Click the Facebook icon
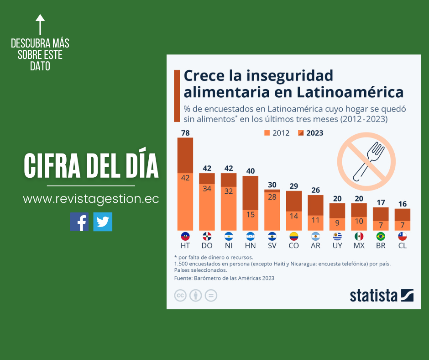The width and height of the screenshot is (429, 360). pyautogui.click(x=79, y=222)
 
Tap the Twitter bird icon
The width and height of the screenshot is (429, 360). pyautogui.click(x=103, y=222)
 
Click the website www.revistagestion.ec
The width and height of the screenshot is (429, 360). pyautogui.click(x=91, y=199)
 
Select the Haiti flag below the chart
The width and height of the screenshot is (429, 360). pyautogui.click(x=185, y=236)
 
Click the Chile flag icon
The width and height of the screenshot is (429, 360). pyautogui.click(x=402, y=236)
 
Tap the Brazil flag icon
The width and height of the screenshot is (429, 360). pyautogui.click(x=380, y=236)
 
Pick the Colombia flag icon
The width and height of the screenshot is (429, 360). pyautogui.click(x=293, y=236)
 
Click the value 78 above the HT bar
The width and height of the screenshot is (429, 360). pyautogui.click(x=185, y=133)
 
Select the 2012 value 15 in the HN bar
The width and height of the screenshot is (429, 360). pyautogui.click(x=250, y=214)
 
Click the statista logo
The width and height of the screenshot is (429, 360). pyautogui.click(x=382, y=295)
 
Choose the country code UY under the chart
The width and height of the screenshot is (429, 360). pyautogui.click(x=337, y=246)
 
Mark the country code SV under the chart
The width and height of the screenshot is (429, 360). pyautogui.click(x=272, y=246)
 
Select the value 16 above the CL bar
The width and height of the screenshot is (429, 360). pyautogui.click(x=402, y=204)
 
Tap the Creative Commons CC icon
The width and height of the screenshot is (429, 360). pyautogui.click(x=180, y=295)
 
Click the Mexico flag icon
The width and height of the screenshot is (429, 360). pyautogui.click(x=359, y=236)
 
